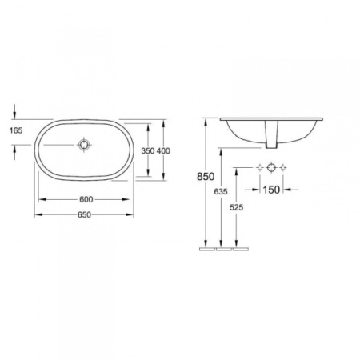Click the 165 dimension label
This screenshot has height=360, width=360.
pyautogui.click(x=16, y=130)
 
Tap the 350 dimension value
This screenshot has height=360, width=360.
pyautogui.click(x=148, y=151)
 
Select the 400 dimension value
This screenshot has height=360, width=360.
pyautogui.click(x=163, y=151)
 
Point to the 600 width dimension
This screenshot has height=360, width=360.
pyautogui.click(x=86, y=199)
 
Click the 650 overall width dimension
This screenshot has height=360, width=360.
pyautogui.click(x=84, y=214)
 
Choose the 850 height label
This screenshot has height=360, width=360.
pyautogui.click(x=206, y=177)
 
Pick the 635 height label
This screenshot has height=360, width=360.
pyautogui.click(x=221, y=191)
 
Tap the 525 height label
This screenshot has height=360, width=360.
pyautogui.click(x=237, y=207)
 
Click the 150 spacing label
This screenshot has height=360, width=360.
pyautogui.click(x=271, y=190)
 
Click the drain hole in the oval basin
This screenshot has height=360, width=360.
pyautogui.click(x=84, y=145)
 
